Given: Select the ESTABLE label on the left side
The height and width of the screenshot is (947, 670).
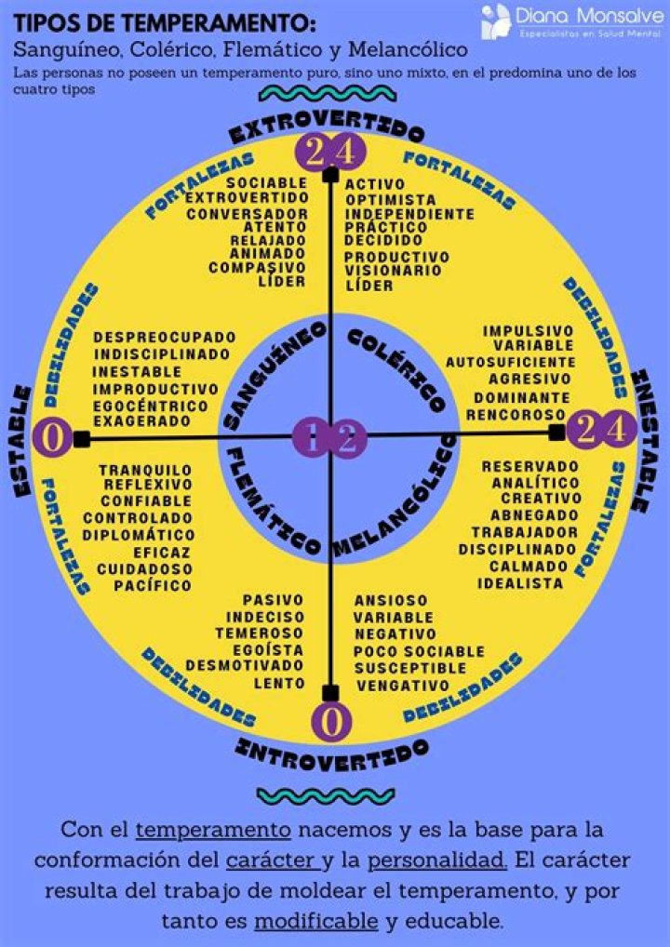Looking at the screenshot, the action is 21,440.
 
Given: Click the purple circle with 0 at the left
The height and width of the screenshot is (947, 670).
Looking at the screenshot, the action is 52,438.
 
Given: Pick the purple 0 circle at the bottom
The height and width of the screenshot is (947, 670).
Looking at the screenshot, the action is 330,721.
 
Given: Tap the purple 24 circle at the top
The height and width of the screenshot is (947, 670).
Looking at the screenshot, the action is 329,153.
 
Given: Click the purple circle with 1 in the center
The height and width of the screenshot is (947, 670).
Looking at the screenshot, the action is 312,439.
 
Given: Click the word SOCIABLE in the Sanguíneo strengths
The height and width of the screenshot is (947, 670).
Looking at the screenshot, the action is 266,182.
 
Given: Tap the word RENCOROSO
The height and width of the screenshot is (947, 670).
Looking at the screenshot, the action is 516,415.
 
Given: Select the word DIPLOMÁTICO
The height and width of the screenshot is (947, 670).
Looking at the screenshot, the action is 139,535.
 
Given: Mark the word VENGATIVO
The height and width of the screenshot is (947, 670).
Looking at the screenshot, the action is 402,686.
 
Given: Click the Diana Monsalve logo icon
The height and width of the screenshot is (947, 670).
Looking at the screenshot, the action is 496,21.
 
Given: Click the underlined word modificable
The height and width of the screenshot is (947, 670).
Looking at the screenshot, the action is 316,922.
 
